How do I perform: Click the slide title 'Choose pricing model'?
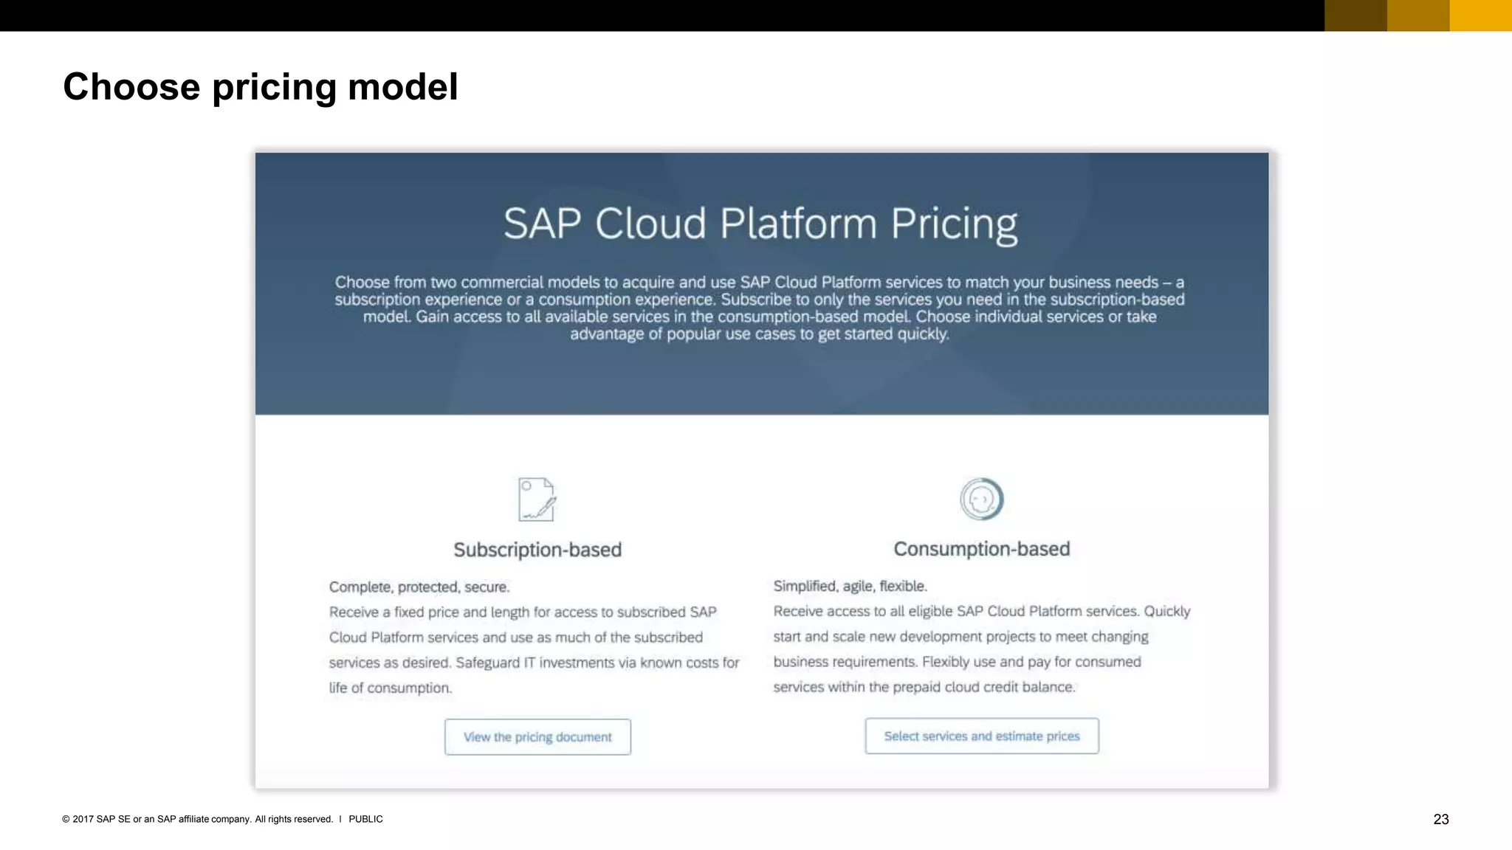pos(260,87)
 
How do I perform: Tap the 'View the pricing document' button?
pos(537,737)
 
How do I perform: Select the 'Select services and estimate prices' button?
pos(981,736)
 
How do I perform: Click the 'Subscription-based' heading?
pos(537,550)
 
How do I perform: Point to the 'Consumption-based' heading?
pos(981,549)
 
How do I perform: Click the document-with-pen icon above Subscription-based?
pos(537,500)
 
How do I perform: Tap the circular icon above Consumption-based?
pos(981,499)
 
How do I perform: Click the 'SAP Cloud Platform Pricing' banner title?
pos(760,224)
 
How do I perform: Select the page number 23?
pos(1440,819)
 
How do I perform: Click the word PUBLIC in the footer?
pos(365,819)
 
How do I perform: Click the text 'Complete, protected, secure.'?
pos(419,587)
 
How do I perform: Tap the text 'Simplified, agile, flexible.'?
pos(850,586)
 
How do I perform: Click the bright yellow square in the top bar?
pos(1480,15)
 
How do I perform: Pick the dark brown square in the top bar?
pos(1355,15)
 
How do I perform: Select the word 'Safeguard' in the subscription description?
pos(487,663)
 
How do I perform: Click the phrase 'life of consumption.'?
pos(390,688)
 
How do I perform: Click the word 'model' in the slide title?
pos(402,87)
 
